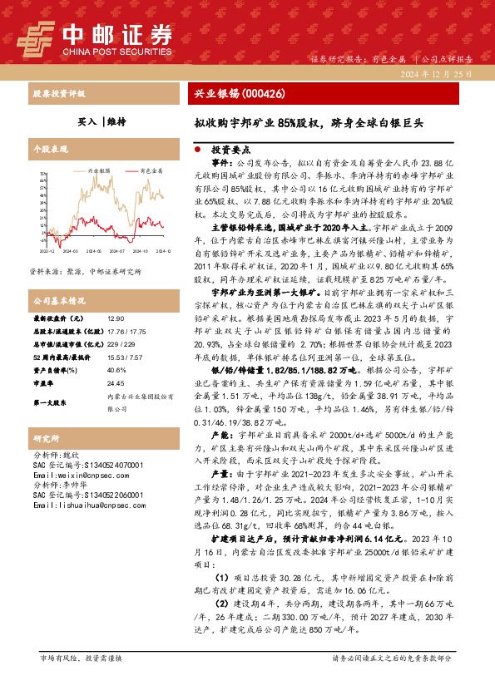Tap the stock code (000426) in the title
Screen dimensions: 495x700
point(262,94)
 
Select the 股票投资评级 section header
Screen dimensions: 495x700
point(59,94)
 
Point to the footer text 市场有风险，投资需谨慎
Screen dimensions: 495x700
point(82,658)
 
